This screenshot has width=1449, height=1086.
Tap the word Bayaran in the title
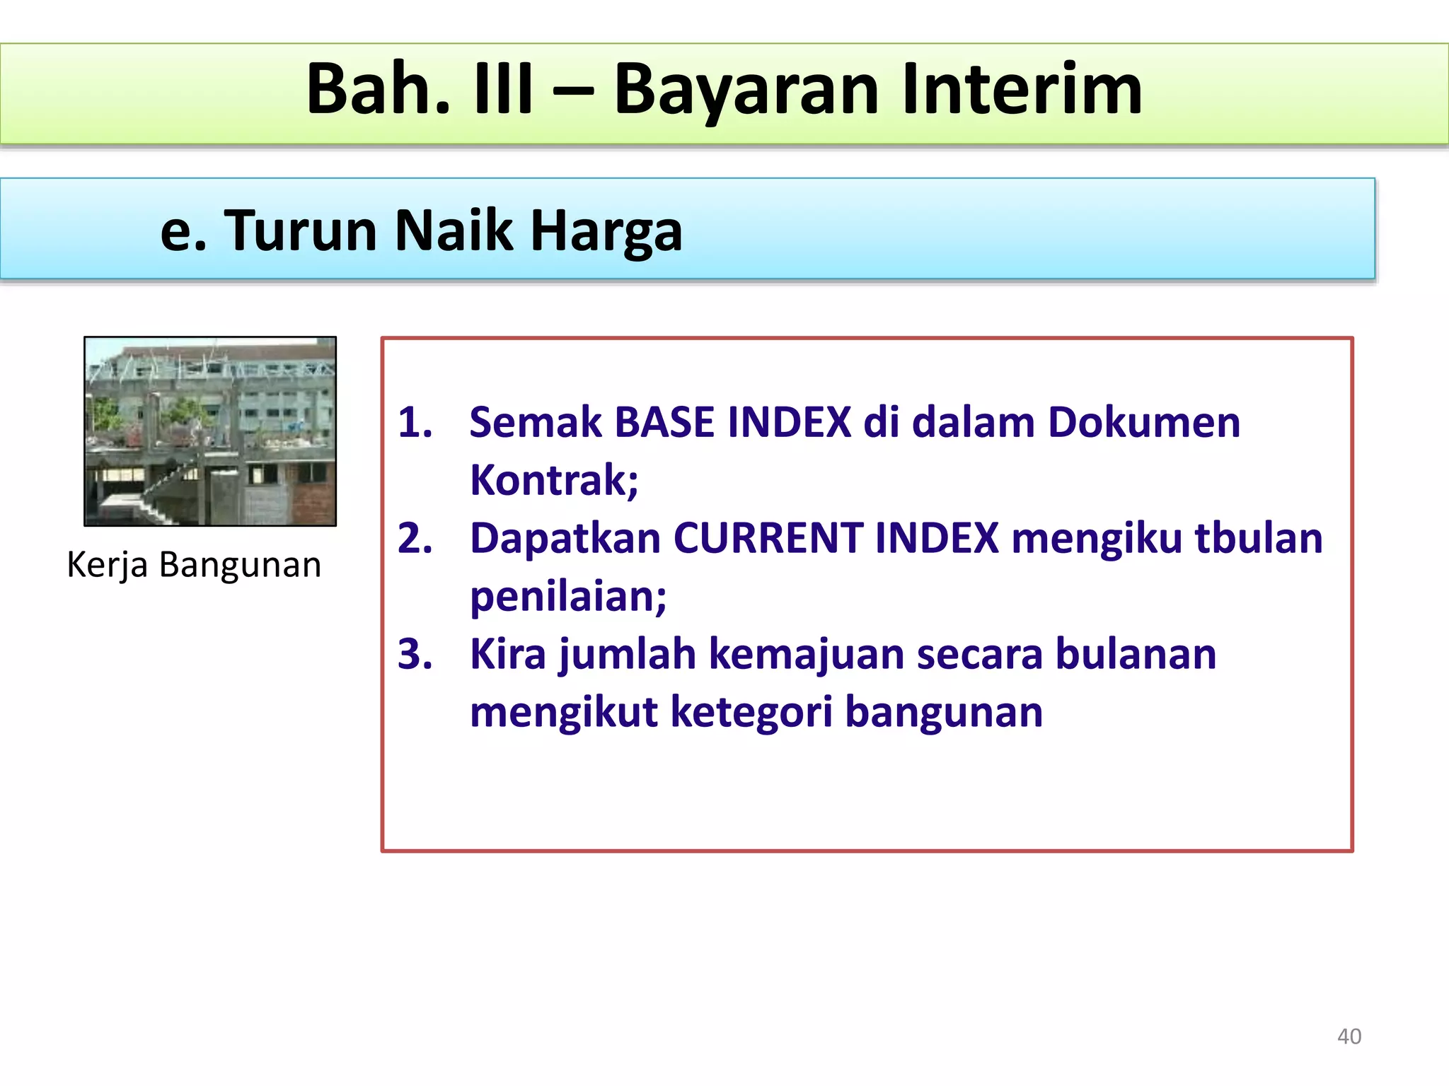coord(746,90)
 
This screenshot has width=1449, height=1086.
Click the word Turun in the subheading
coord(301,231)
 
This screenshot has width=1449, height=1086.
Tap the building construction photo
coord(210,431)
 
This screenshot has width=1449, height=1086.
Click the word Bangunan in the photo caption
coord(240,566)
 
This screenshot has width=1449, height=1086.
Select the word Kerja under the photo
coord(107,566)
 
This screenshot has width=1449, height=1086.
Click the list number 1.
coord(415,423)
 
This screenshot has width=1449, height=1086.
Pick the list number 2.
coord(415,539)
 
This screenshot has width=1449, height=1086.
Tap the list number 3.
coord(415,655)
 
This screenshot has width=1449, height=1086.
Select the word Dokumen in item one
coord(1144,423)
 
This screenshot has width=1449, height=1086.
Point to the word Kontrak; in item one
coord(554,481)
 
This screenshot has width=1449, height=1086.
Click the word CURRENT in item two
coord(767,539)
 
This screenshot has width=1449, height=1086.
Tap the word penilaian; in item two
coord(568,597)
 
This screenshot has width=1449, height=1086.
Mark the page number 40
coord(1349,1037)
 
